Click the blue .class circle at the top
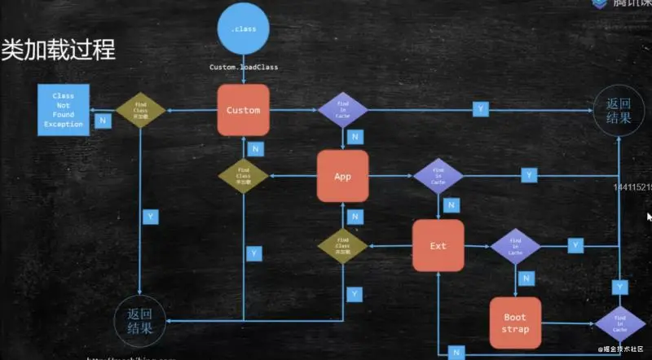pos(244,30)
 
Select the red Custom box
pos(244,110)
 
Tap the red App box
pos(342,176)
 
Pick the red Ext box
pos(438,245)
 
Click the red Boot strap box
pos(515,323)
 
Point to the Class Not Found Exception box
pos(63,110)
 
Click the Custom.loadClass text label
pos(244,67)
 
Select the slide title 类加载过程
pos(59,49)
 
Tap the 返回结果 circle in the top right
pos(619,111)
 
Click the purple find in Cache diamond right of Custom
pos(341,109)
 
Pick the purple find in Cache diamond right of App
pos(438,176)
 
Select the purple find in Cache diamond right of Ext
pos(515,245)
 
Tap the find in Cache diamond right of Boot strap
pos(619,324)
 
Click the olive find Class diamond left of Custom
pos(140,110)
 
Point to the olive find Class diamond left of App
pos(244,176)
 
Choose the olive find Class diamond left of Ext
pos(342,245)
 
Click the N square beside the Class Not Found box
pos(104,121)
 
